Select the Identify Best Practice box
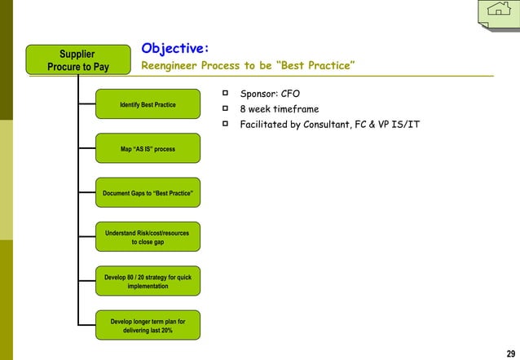pyautogui.click(x=148, y=104)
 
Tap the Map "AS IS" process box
pyautogui.click(x=148, y=149)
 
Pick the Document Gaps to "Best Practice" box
pyautogui.click(x=148, y=193)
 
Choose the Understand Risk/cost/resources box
pyautogui.click(x=148, y=237)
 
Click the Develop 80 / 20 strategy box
pyautogui.click(x=148, y=281)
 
